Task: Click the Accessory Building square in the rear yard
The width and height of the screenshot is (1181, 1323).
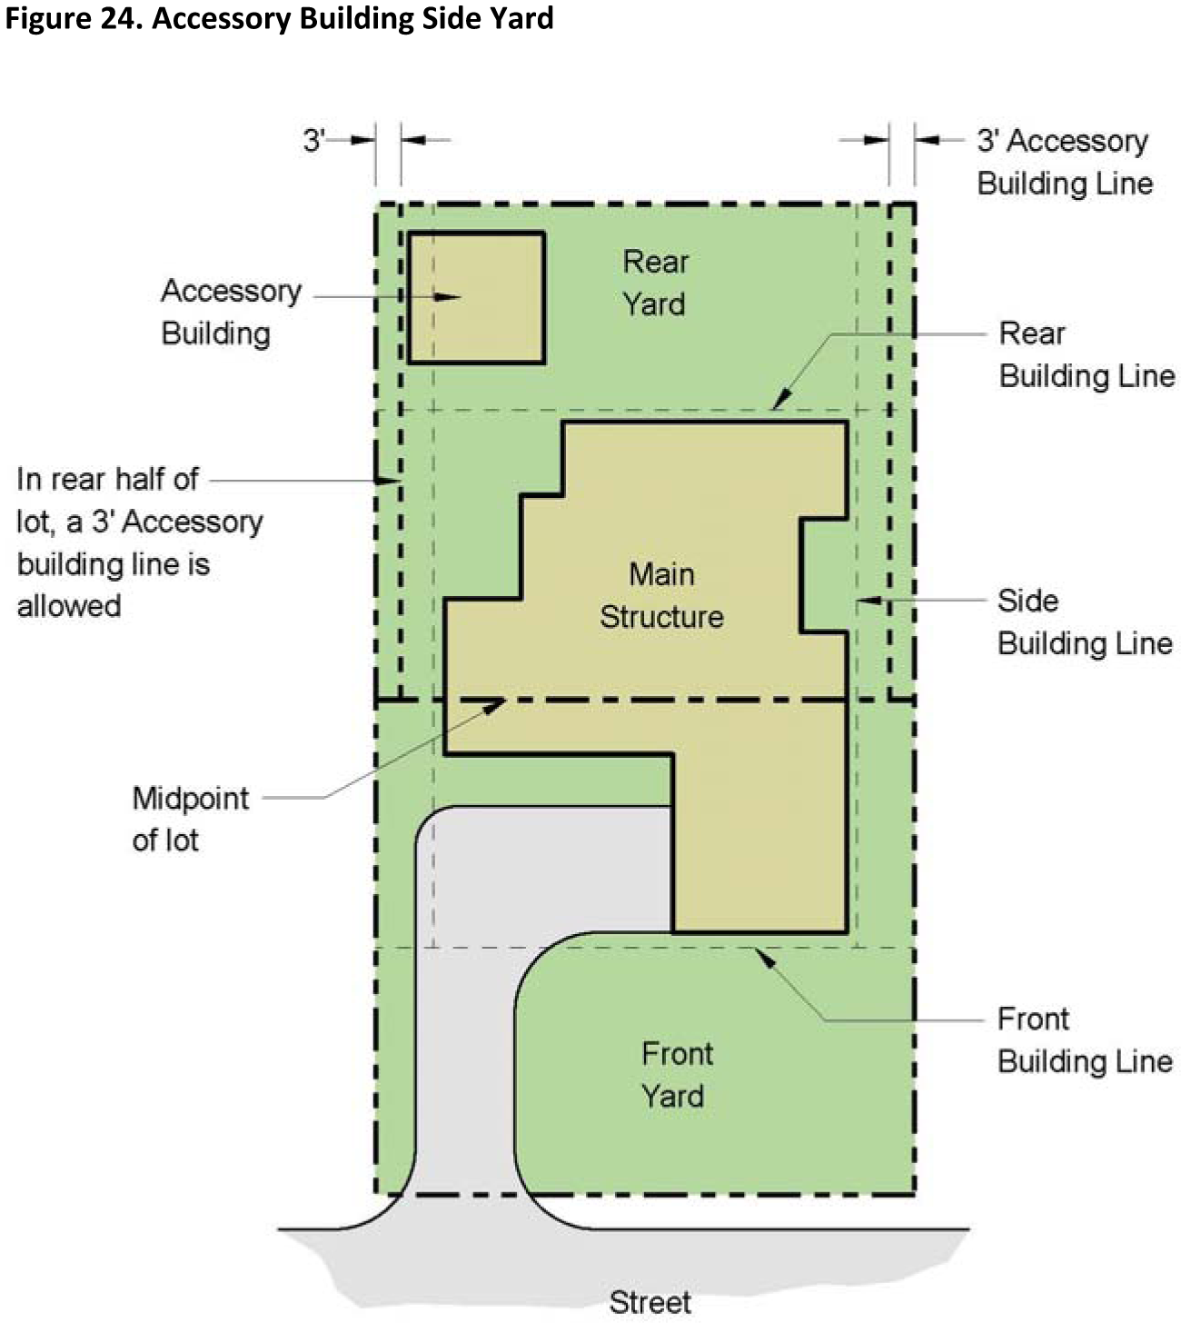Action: tap(477, 298)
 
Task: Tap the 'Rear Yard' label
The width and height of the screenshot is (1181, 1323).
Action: tap(655, 283)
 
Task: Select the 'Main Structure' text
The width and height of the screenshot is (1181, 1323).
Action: tap(661, 595)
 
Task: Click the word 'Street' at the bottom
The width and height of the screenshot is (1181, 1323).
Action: tap(650, 1302)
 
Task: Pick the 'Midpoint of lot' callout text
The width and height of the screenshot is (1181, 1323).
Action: tap(191, 819)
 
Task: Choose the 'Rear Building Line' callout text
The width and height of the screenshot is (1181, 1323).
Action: tap(1087, 354)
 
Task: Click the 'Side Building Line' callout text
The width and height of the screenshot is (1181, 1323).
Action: tap(1085, 622)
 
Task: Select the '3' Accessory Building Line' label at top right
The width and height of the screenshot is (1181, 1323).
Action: tap(1065, 162)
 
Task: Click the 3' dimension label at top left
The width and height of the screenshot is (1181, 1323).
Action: tap(313, 140)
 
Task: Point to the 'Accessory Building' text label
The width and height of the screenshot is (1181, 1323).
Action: tap(231, 312)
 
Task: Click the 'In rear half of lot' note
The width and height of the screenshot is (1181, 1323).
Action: tap(140, 542)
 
